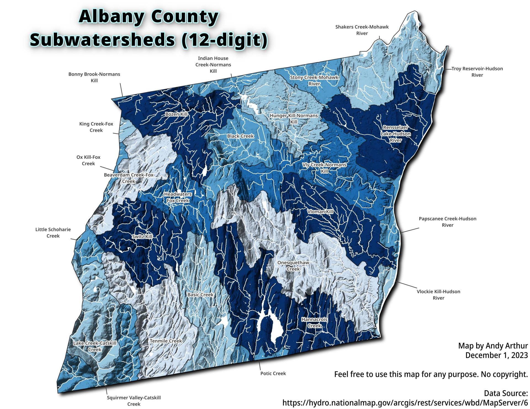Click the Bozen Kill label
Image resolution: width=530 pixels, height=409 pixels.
(176, 114)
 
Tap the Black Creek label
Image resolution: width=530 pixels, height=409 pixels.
(240, 136)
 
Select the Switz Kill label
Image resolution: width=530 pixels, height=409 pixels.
(142, 237)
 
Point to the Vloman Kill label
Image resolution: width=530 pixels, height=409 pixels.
(320, 212)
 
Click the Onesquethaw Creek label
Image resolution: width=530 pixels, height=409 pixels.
(293, 266)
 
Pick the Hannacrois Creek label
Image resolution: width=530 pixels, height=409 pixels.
(314, 322)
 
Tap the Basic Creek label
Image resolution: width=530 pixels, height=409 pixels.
(200, 295)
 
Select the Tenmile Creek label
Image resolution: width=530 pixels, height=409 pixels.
(166, 341)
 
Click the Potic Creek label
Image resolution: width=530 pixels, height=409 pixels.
(273, 373)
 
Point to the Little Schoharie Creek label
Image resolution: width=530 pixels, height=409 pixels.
(53, 232)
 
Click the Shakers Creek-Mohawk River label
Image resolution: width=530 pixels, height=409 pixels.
(362, 30)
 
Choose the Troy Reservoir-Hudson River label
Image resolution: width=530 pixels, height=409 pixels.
(477, 72)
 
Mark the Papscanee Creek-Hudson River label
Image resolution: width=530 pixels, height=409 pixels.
(447, 222)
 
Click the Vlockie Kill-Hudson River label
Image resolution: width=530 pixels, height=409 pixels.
(438, 295)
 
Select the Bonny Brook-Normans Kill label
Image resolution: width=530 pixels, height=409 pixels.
(94, 77)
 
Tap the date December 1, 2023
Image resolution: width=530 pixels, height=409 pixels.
(496, 355)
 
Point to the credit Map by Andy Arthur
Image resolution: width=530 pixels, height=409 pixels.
(493, 346)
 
